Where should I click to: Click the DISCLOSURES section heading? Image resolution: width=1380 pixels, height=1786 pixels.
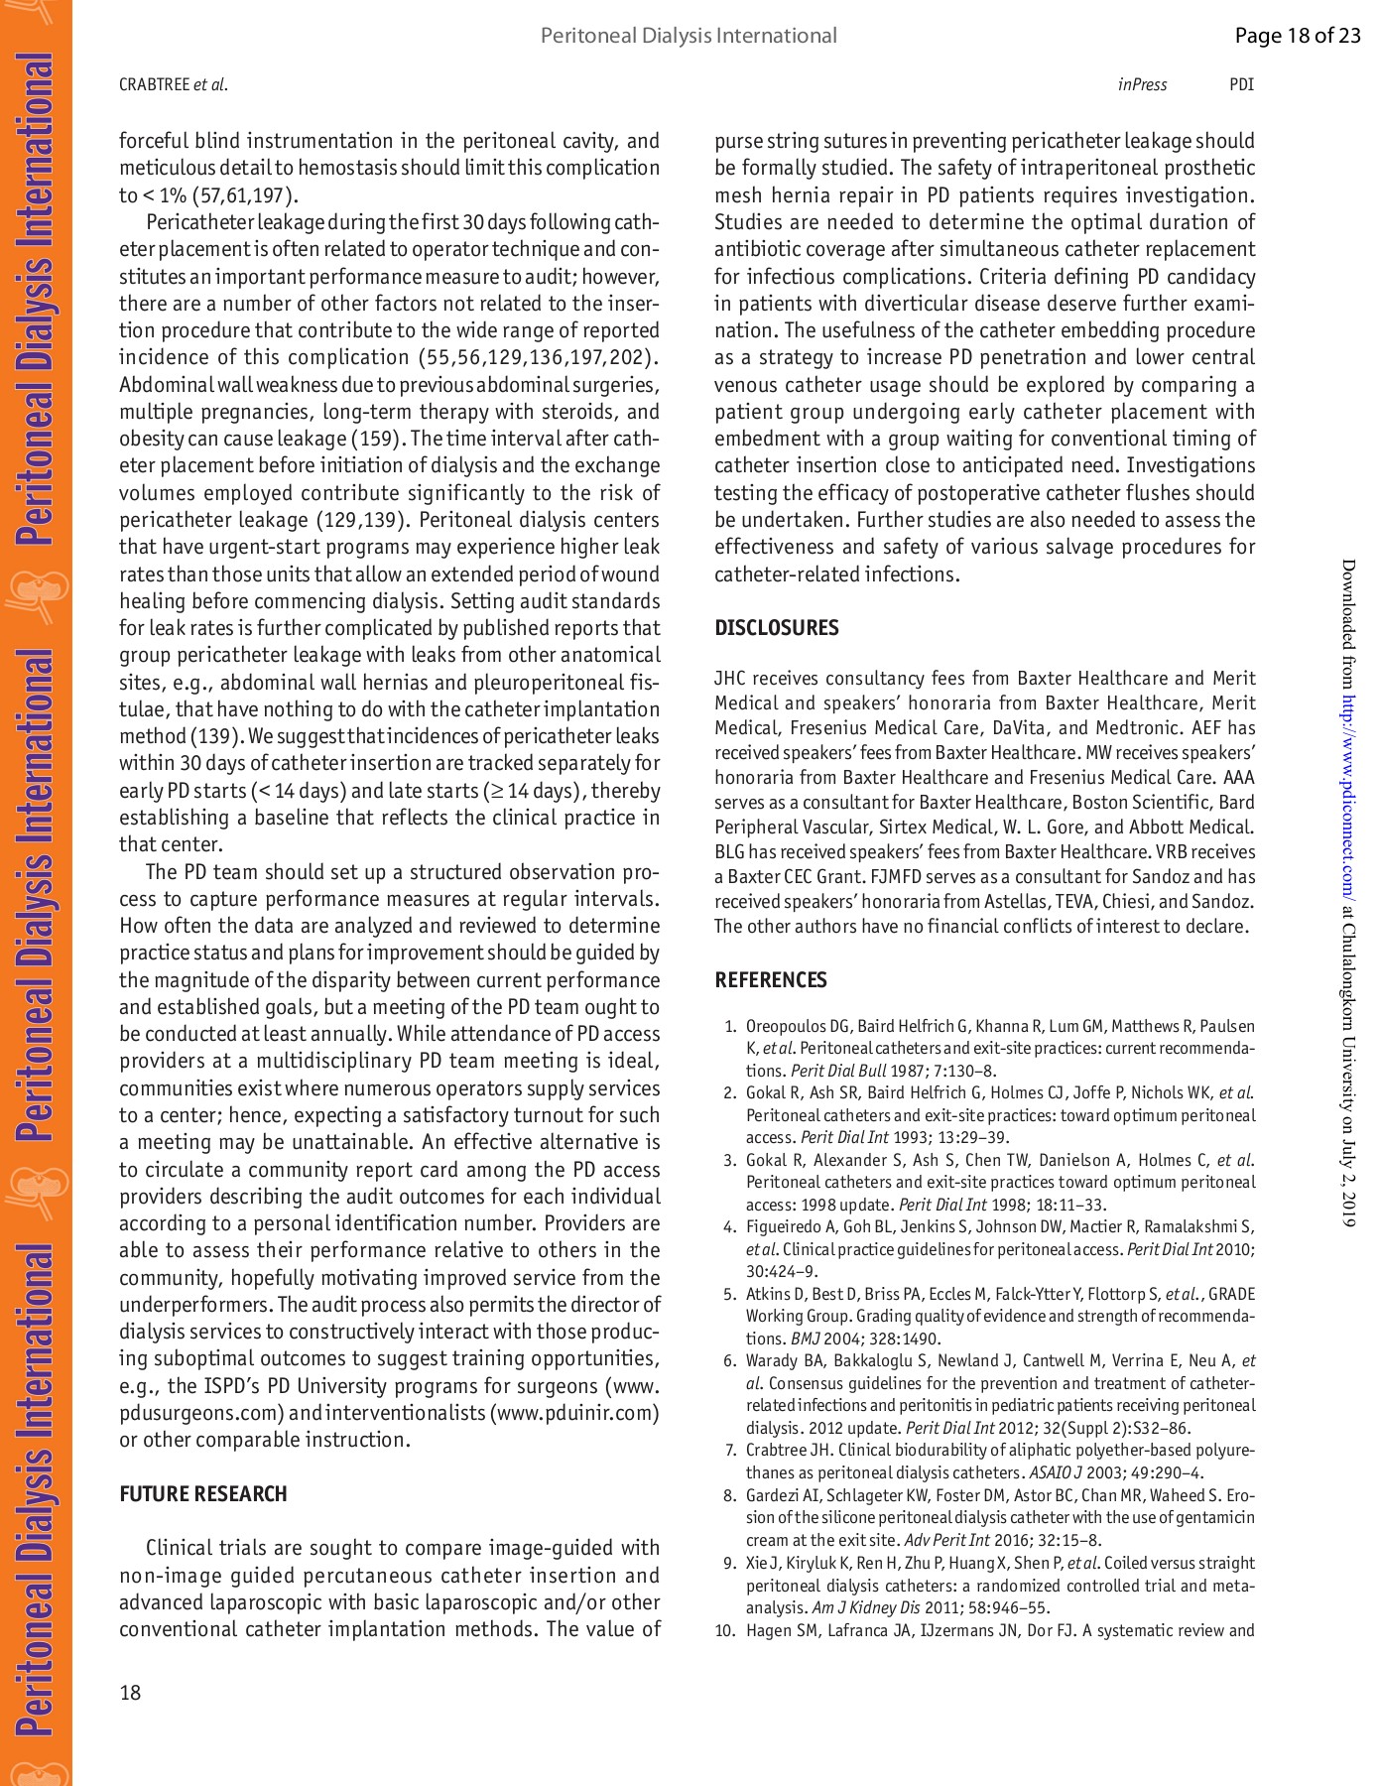pos(776,628)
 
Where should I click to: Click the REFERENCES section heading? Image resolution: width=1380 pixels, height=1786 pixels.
pos(770,980)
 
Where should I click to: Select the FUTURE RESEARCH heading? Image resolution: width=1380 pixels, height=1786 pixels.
pos(202,1494)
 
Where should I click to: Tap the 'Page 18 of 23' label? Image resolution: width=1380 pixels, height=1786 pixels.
pos(1297,37)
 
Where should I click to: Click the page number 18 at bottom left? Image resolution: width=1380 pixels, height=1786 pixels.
pos(130,1693)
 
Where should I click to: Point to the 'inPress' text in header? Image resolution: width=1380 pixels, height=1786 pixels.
pos(1142,85)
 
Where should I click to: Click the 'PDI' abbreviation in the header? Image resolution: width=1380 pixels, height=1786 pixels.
pos(1241,85)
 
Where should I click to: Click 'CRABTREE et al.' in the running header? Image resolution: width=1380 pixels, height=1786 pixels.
pos(173,85)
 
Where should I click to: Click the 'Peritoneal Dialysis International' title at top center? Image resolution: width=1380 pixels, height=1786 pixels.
pos(689,37)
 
